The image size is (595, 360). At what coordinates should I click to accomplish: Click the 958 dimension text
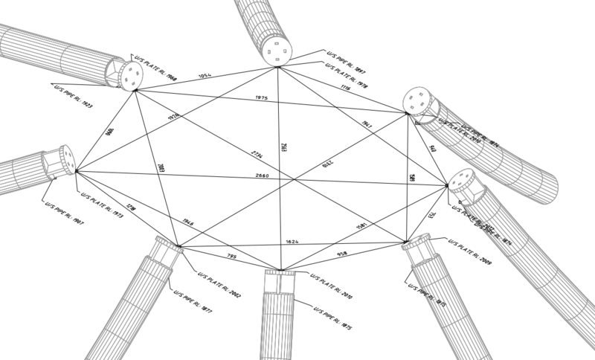click(343, 254)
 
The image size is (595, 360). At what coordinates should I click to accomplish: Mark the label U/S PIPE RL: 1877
click(195, 298)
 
